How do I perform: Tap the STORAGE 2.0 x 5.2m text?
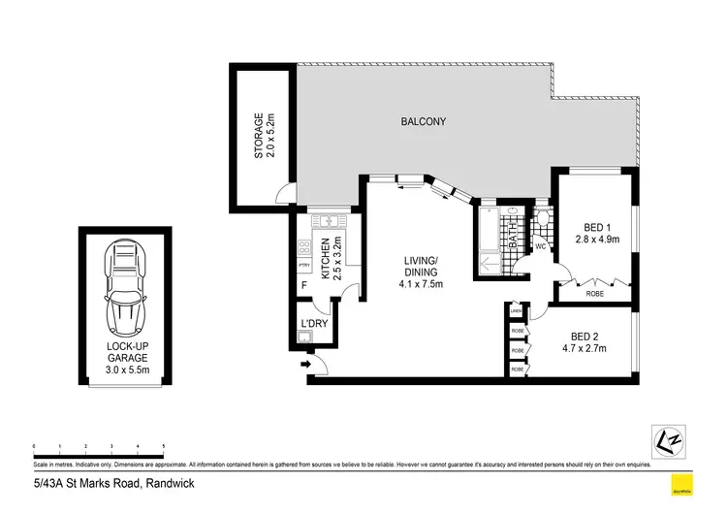tap(265, 136)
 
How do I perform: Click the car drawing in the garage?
tap(128, 287)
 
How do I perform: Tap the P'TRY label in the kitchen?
tap(303, 265)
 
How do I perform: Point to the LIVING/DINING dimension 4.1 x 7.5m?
tap(422, 284)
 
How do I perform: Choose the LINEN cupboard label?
tap(517, 311)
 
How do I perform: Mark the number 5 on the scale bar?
tap(164, 446)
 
